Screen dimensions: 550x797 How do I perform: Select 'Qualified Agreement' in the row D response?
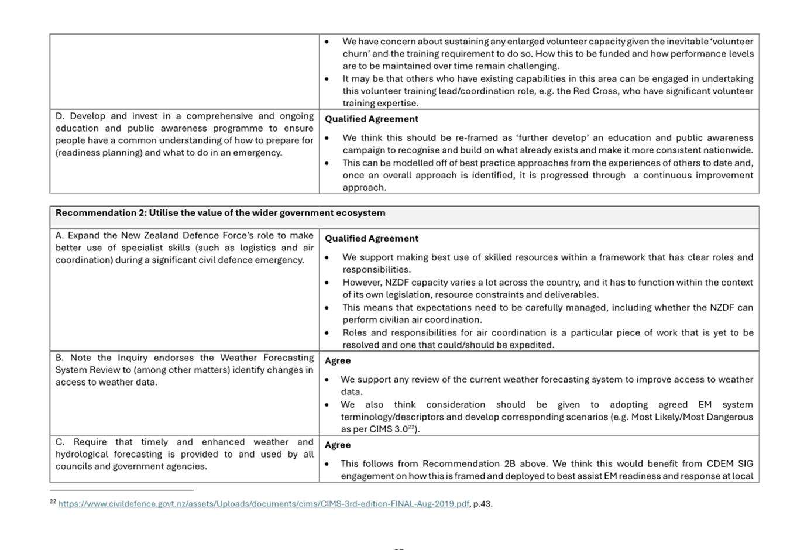tap(372, 119)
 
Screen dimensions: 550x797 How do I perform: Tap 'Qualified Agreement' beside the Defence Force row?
tap(372, 239)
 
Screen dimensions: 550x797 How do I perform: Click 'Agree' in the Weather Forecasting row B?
tap(338, 361)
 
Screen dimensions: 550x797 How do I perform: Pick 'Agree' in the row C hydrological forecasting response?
tap(338, 445)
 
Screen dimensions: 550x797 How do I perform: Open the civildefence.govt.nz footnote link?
tap(263, 504)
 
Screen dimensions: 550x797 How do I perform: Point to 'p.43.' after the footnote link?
tap(483, 504)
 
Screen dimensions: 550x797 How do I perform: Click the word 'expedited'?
tap(533, 345)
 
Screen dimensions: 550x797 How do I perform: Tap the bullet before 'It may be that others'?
tap(327, 79)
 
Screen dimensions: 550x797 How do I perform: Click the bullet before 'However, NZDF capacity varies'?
tap(327, 283)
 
